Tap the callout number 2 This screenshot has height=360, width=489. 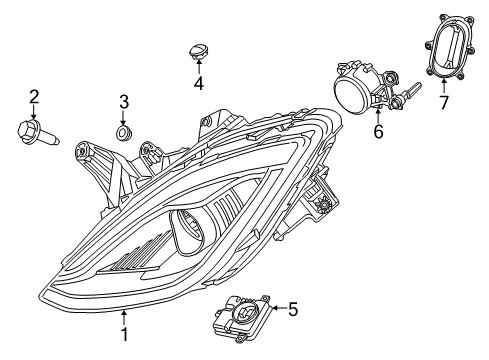[x=34, y=97]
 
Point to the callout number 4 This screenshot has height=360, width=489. [x=198, y=83]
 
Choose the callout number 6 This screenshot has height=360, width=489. [x=378, y=131]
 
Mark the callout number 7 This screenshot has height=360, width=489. [x=445, y=102]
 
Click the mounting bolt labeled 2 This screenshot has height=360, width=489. [x=37, y=132]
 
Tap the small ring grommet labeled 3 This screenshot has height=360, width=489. [x=125, y=132]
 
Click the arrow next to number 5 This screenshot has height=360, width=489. [x=275, y=309]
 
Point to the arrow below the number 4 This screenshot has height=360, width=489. [x=198, y=66]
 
